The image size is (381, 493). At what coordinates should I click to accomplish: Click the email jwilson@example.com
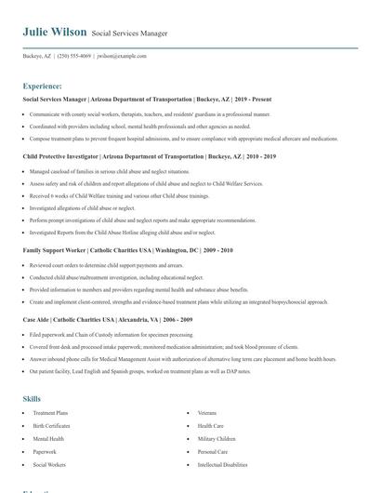click(x=122, y=56)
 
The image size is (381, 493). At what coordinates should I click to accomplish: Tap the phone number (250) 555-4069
click(x=75, y=56)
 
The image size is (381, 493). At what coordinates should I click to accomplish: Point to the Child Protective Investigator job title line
click(x=137, y=157)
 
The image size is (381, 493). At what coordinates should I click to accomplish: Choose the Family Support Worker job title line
click(x=127, y=250)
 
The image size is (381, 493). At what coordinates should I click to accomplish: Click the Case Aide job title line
click(x=108, y=318)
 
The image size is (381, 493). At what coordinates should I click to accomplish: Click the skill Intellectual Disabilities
click(x=222, y=463)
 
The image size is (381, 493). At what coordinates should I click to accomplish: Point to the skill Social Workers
click(x=48, y=463)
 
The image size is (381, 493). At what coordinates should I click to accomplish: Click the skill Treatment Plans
click(x=50, y=411)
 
